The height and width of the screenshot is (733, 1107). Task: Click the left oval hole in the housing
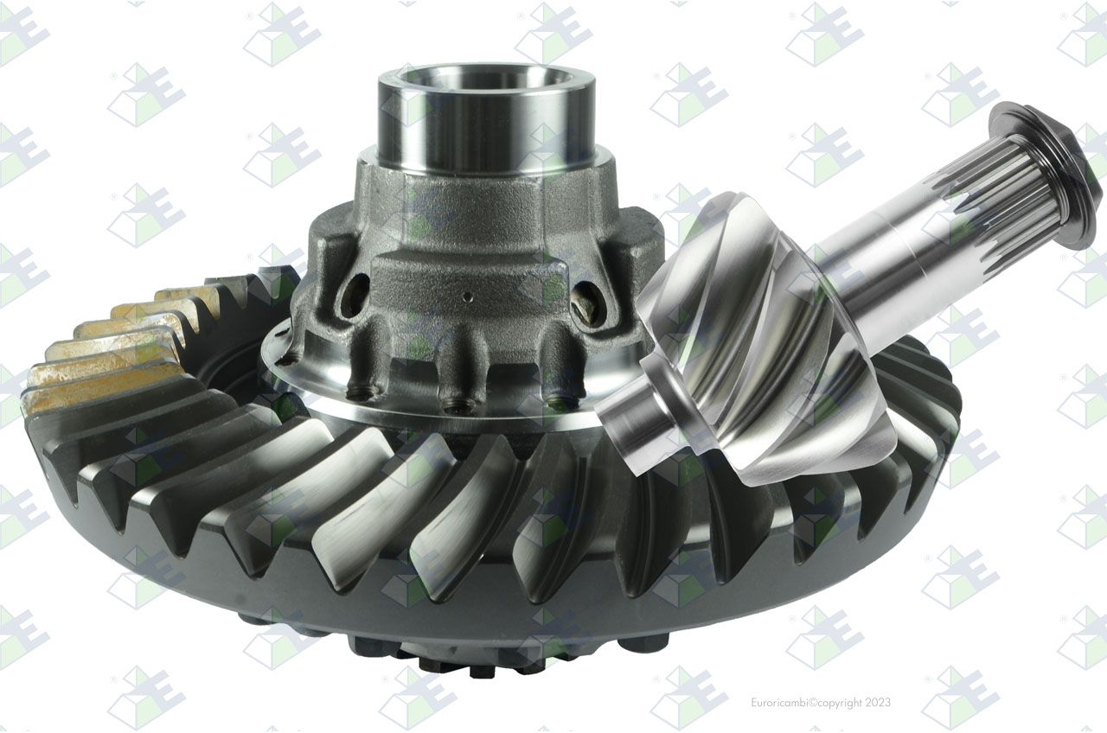pyautogui.click(x=355, y=295)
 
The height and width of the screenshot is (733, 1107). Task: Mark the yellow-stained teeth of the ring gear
pyautogui.click(x=124, y=346)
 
